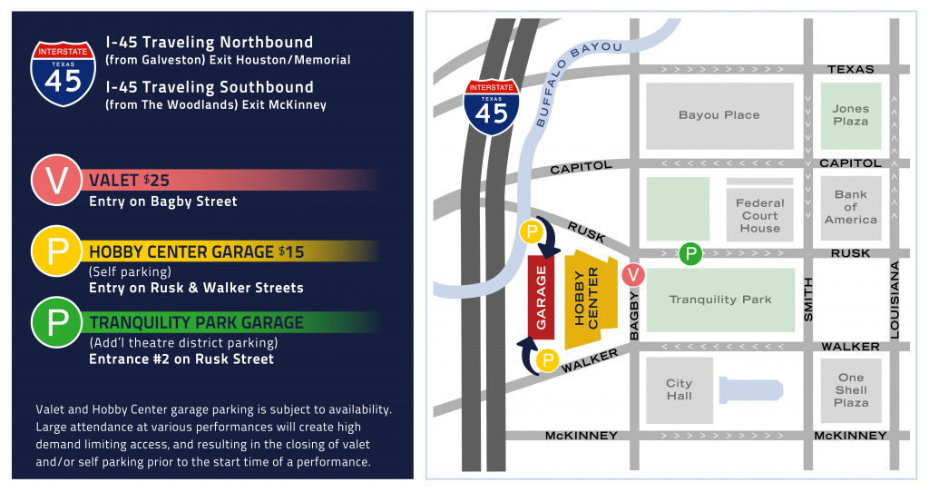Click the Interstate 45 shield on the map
click(492, 107)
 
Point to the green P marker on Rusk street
click(690, 253)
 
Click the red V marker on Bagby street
click(632, 273)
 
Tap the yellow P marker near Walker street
click(547, 361)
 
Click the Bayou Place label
click(719, 115)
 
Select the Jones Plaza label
click(850, 114)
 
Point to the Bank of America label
click(850, 207)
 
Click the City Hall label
click(679, 389)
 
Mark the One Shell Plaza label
click(851, 389)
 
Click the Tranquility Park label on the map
click(720, 300)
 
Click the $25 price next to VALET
click(156, 180)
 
